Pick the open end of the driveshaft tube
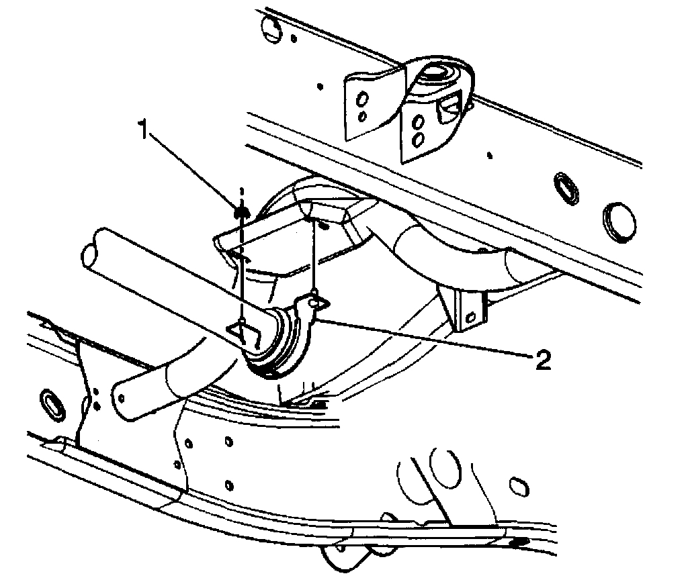tap(90, 252)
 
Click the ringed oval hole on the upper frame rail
tap(565, 187)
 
